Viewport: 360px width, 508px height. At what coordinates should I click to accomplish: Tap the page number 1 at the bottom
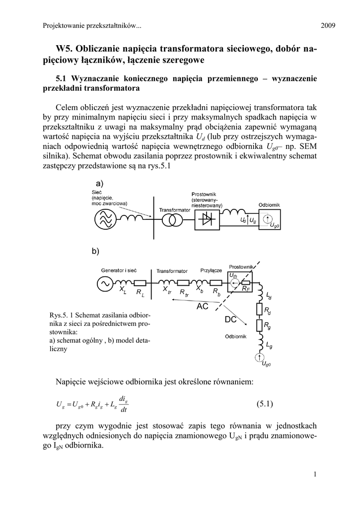[x=315, y=474]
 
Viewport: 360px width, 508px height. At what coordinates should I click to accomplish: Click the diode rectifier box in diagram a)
[x=206, y=219]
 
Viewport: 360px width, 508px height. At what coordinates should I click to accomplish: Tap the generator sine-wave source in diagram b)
[x=106, y=283]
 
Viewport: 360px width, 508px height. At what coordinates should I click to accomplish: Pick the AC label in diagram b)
[x=203, y=307]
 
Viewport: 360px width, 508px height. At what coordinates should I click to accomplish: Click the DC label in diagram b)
[x=230, y=320]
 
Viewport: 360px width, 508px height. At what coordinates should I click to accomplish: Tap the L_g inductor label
[x=269, y=345]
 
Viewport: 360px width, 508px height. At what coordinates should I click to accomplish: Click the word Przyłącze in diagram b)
[x=211, y=271]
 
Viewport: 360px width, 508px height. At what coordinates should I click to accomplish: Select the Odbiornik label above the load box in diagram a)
[x=269, y=205]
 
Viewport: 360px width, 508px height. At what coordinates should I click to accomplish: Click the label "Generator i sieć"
[x=119, y=270]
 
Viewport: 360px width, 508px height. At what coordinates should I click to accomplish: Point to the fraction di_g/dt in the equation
[x=124, y=404]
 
